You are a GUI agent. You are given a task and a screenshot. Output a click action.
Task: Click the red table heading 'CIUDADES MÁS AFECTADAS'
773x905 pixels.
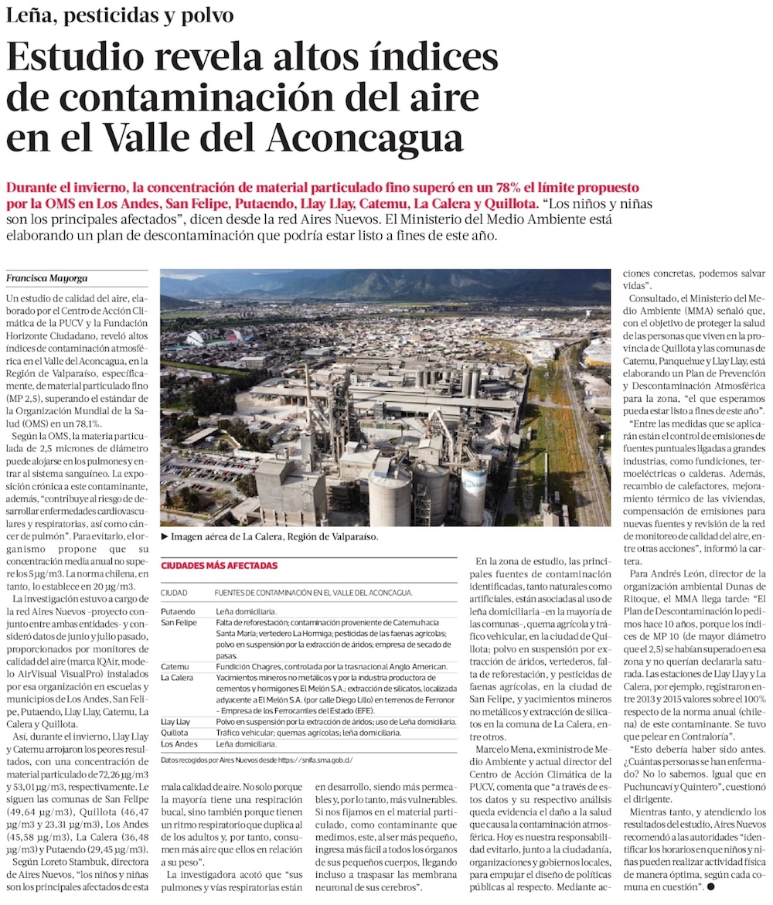click(x=219, y=566)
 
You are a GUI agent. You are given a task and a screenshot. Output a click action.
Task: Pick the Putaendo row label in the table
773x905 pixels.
click(x=179, y=611)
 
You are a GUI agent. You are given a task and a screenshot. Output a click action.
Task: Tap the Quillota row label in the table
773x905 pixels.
click(x=175, y=733)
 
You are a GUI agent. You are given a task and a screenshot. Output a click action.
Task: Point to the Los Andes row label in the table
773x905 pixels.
click(x=179, y=744)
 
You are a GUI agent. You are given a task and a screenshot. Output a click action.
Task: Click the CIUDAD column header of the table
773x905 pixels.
click(x=174, y=593)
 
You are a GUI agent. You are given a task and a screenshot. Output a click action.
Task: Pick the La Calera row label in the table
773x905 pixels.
click(x=177, y=677)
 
